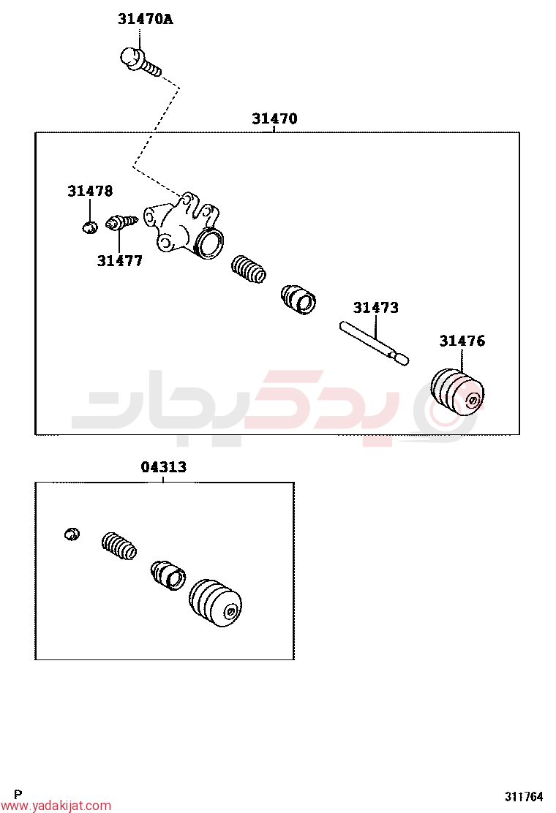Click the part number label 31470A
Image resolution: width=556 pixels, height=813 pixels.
[x=146, y=19]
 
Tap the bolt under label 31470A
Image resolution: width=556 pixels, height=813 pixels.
[x=140, y=61]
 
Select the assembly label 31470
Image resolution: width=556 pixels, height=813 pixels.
[x=274, y=118]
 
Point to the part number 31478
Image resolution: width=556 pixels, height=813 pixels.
[x=90, y=191]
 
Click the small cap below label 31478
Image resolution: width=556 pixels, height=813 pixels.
[x=90, y=227]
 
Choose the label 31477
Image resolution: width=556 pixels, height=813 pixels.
[x=119, y=261]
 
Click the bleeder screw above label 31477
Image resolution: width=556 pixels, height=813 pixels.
[x=121, y=223]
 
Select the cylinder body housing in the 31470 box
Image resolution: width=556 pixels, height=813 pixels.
[x=184, y=225]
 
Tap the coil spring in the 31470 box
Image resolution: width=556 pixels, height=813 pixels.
[x=249, y=269]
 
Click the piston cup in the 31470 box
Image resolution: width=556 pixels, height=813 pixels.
[x=298, y=299]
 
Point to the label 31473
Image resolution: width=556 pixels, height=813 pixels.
[x=376, y=308]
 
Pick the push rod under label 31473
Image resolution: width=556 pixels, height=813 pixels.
[x=374, y=343]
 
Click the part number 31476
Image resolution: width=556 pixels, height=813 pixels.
[x=462, y=341]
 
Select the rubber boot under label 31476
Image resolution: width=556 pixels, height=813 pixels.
[x=457, y=392]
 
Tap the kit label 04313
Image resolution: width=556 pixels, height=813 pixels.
[x=163, y=466]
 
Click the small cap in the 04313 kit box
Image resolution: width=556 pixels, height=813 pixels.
[x=72, y=534]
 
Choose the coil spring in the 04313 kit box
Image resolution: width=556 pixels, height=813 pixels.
[x=119, y=546]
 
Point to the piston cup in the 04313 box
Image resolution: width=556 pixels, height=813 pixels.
[x=168, y=575]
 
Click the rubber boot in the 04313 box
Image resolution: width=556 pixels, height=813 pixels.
[x=215, y=603]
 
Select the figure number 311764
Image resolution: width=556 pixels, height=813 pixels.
[x=524, y=796]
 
